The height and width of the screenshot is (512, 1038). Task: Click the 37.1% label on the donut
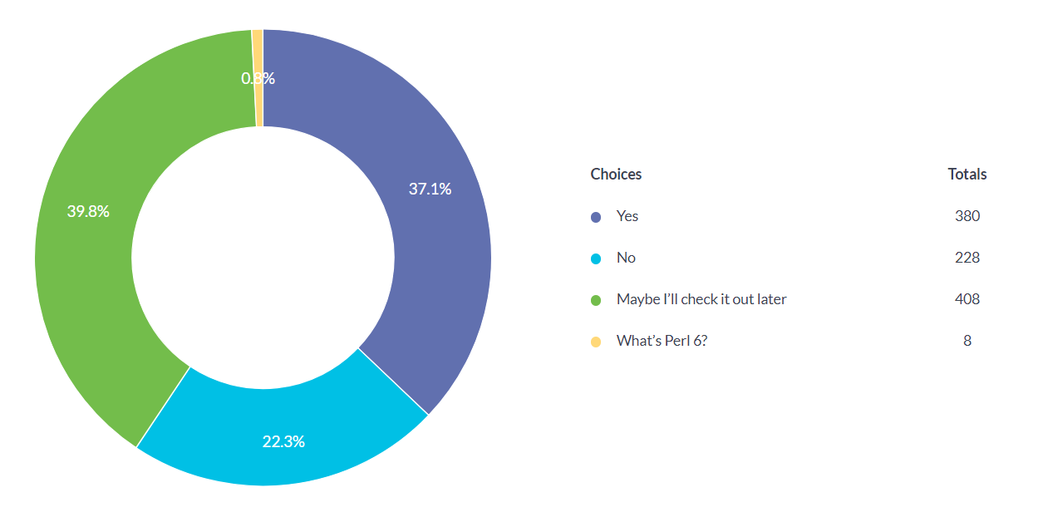click(430, 189)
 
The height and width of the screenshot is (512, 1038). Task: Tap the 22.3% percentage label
click(283, 441)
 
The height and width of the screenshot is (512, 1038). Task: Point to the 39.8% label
click(88, 211)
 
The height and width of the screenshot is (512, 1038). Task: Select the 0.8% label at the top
click(258, 79)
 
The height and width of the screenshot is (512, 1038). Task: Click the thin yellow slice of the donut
click(258, 50)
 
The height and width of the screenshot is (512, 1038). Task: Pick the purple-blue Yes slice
click(416, 249)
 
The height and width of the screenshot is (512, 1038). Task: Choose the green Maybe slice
click(100, 274)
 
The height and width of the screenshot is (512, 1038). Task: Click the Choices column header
click(616, 175)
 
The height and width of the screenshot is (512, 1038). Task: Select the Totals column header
click(967, 175)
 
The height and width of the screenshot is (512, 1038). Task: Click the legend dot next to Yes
click(595, 217)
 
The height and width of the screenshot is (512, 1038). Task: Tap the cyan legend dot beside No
click(595, 258)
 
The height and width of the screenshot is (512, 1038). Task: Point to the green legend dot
click(595, 300)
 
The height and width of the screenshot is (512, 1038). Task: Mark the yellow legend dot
click(595, 342)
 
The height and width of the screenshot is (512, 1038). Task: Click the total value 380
click(967, 216)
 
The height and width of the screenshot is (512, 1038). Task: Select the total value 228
click(967, 258)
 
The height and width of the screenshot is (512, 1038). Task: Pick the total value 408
click(967, 299)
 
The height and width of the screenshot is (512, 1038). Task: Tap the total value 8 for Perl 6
click(967, 341)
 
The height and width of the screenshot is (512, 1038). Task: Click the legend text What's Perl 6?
click(662, 341)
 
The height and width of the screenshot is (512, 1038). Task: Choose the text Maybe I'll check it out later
click(701, 299)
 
